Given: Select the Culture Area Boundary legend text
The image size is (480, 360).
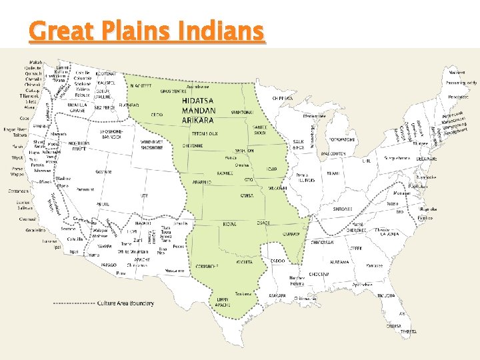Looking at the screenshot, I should tap(125, 303).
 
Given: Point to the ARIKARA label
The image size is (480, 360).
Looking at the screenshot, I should tap(198, 120).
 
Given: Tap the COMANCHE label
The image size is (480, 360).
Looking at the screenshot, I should tap(208, 265).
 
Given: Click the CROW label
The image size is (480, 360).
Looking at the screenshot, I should tap(157, 115).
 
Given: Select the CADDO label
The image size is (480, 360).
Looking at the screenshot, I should tap(278, 261).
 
